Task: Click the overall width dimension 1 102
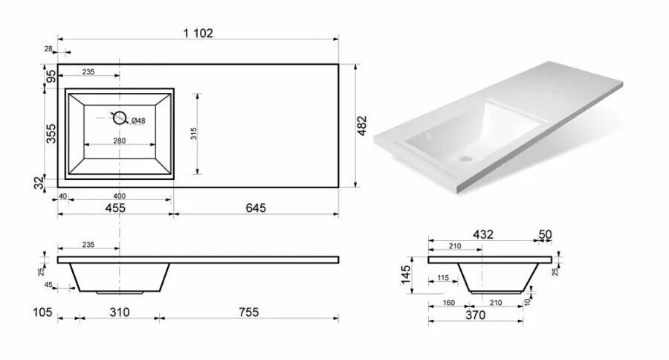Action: [x=198, y=33]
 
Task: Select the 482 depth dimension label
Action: [x=362, y=126]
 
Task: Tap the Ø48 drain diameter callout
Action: [x=138, y=120]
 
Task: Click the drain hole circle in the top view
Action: [x=120, y=118]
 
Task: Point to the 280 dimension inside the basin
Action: [x=120, y=141]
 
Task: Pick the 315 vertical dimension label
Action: [x=194, y=134]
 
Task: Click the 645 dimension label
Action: [x=256, y=208]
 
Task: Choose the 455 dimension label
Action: [x=115, y=208]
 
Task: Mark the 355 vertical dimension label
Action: [x=51, y=134]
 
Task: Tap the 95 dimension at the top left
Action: [x=51, y=77]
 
